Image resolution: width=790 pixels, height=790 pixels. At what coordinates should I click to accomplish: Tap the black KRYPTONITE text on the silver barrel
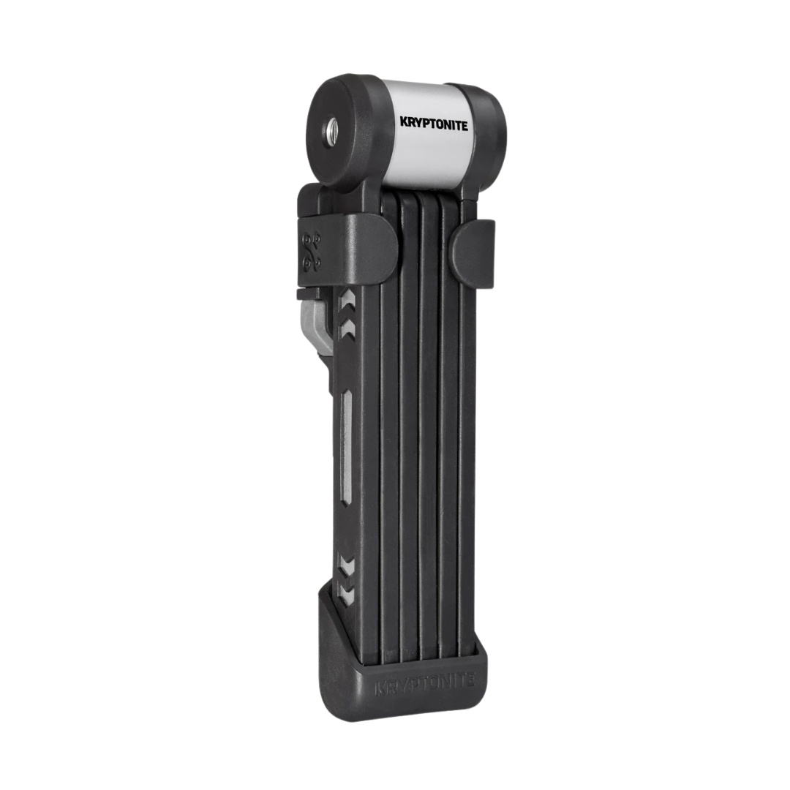[434, 124]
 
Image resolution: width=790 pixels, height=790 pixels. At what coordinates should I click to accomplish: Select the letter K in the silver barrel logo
[404, 121]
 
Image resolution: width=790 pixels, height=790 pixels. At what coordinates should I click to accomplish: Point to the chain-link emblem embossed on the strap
[312, 249]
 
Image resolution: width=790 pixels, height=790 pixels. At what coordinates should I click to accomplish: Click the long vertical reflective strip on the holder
[346, 446]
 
